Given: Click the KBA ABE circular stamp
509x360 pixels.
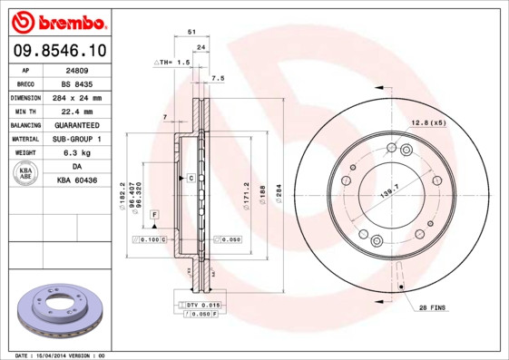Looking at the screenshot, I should coord(27,174).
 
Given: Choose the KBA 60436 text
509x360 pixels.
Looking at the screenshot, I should coord(77,181).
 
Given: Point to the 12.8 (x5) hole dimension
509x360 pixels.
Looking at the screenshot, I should coord(429,122).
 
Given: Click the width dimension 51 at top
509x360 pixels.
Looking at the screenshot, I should coord(191,32).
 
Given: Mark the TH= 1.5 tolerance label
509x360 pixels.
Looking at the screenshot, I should coord(171,63).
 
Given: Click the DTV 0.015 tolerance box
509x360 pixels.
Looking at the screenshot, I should coord(202,306).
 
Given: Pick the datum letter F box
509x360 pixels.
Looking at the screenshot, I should coord(155,213).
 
